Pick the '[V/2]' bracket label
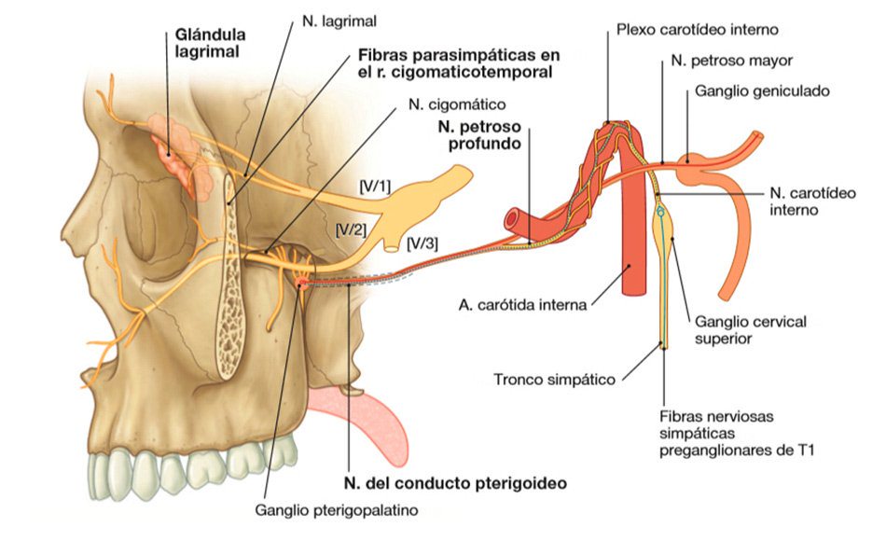coord(350,227)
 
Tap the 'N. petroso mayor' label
coord(731,61)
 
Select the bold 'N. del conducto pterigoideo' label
coord(454,483)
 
